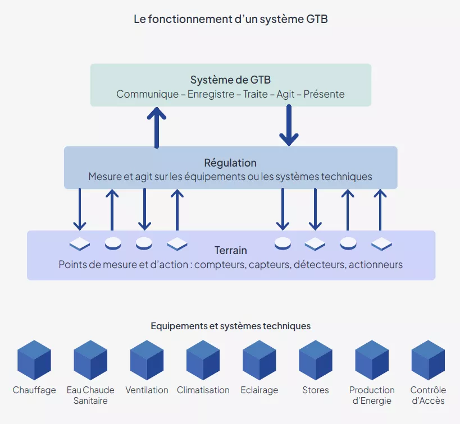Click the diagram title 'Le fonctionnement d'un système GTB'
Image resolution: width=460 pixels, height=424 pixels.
pos(230,19)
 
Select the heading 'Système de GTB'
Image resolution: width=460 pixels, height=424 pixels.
pos(230,80)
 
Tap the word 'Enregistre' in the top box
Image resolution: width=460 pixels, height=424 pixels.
pos(211,94)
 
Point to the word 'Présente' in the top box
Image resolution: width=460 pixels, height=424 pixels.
pos(324,94)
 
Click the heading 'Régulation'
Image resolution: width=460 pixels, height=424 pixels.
pos(230,163)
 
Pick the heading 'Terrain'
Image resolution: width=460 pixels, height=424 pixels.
pos(230,250)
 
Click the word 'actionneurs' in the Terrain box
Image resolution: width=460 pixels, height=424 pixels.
pos(376,265)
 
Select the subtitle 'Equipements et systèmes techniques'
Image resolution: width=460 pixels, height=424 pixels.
pos(230,326)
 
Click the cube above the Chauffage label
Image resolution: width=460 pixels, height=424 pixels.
pos(34,360)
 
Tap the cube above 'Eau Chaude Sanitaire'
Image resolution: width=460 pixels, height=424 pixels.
pos(90,360)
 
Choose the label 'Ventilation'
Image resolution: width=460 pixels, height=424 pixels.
pos(147,390)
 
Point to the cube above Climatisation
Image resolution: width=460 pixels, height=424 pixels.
pos(203,360)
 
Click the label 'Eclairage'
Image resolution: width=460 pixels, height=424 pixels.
pos(259,390)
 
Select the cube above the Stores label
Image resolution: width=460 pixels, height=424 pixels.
pos(315,360)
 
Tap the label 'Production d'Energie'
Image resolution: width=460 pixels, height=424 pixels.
pos(371,395)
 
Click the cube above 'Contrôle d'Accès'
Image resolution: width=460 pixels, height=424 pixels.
pos(427,360)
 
